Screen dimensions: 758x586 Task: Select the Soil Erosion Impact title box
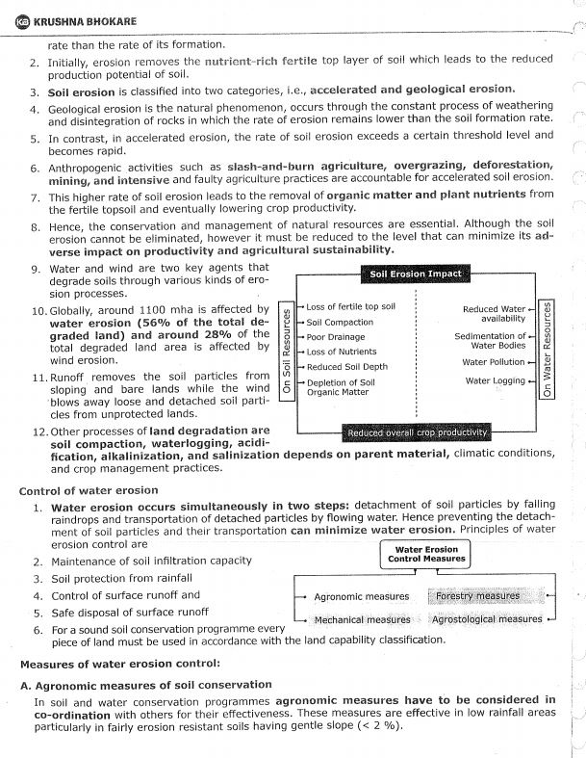[415, 274]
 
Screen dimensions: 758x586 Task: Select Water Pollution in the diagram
[493, 362]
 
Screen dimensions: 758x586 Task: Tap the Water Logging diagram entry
[495, 380]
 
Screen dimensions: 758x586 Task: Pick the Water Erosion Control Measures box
[425, 553]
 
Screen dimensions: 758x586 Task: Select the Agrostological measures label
[487, 619]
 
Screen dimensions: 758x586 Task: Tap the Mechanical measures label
[362, 619]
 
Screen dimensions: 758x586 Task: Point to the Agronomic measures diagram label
[361, 597]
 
